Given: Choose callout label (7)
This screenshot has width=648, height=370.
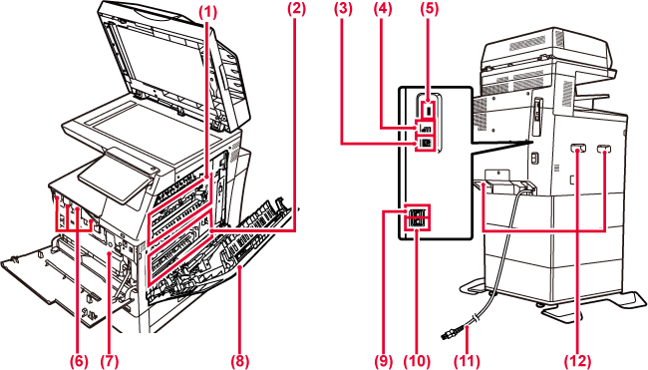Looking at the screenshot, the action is (x=109, y=361).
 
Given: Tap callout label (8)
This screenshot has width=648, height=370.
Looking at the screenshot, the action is (x=240, y=361).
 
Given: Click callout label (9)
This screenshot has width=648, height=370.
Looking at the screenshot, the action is (x=384, y=361).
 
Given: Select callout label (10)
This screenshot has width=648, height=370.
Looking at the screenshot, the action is (x=417, y=361).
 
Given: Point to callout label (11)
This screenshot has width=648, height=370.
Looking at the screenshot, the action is (x=467, y=361).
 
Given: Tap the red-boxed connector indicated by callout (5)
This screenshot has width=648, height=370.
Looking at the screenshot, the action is (x=428, y=111).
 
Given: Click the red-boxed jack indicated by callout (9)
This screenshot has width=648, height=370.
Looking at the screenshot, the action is (x=418, y=212).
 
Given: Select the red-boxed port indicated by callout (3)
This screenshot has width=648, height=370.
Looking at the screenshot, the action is (x=425, y=143).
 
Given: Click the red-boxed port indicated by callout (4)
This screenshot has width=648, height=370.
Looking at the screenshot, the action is (x=425, y=129).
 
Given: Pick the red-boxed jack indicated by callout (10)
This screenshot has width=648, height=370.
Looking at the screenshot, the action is (x=418, y=223).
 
